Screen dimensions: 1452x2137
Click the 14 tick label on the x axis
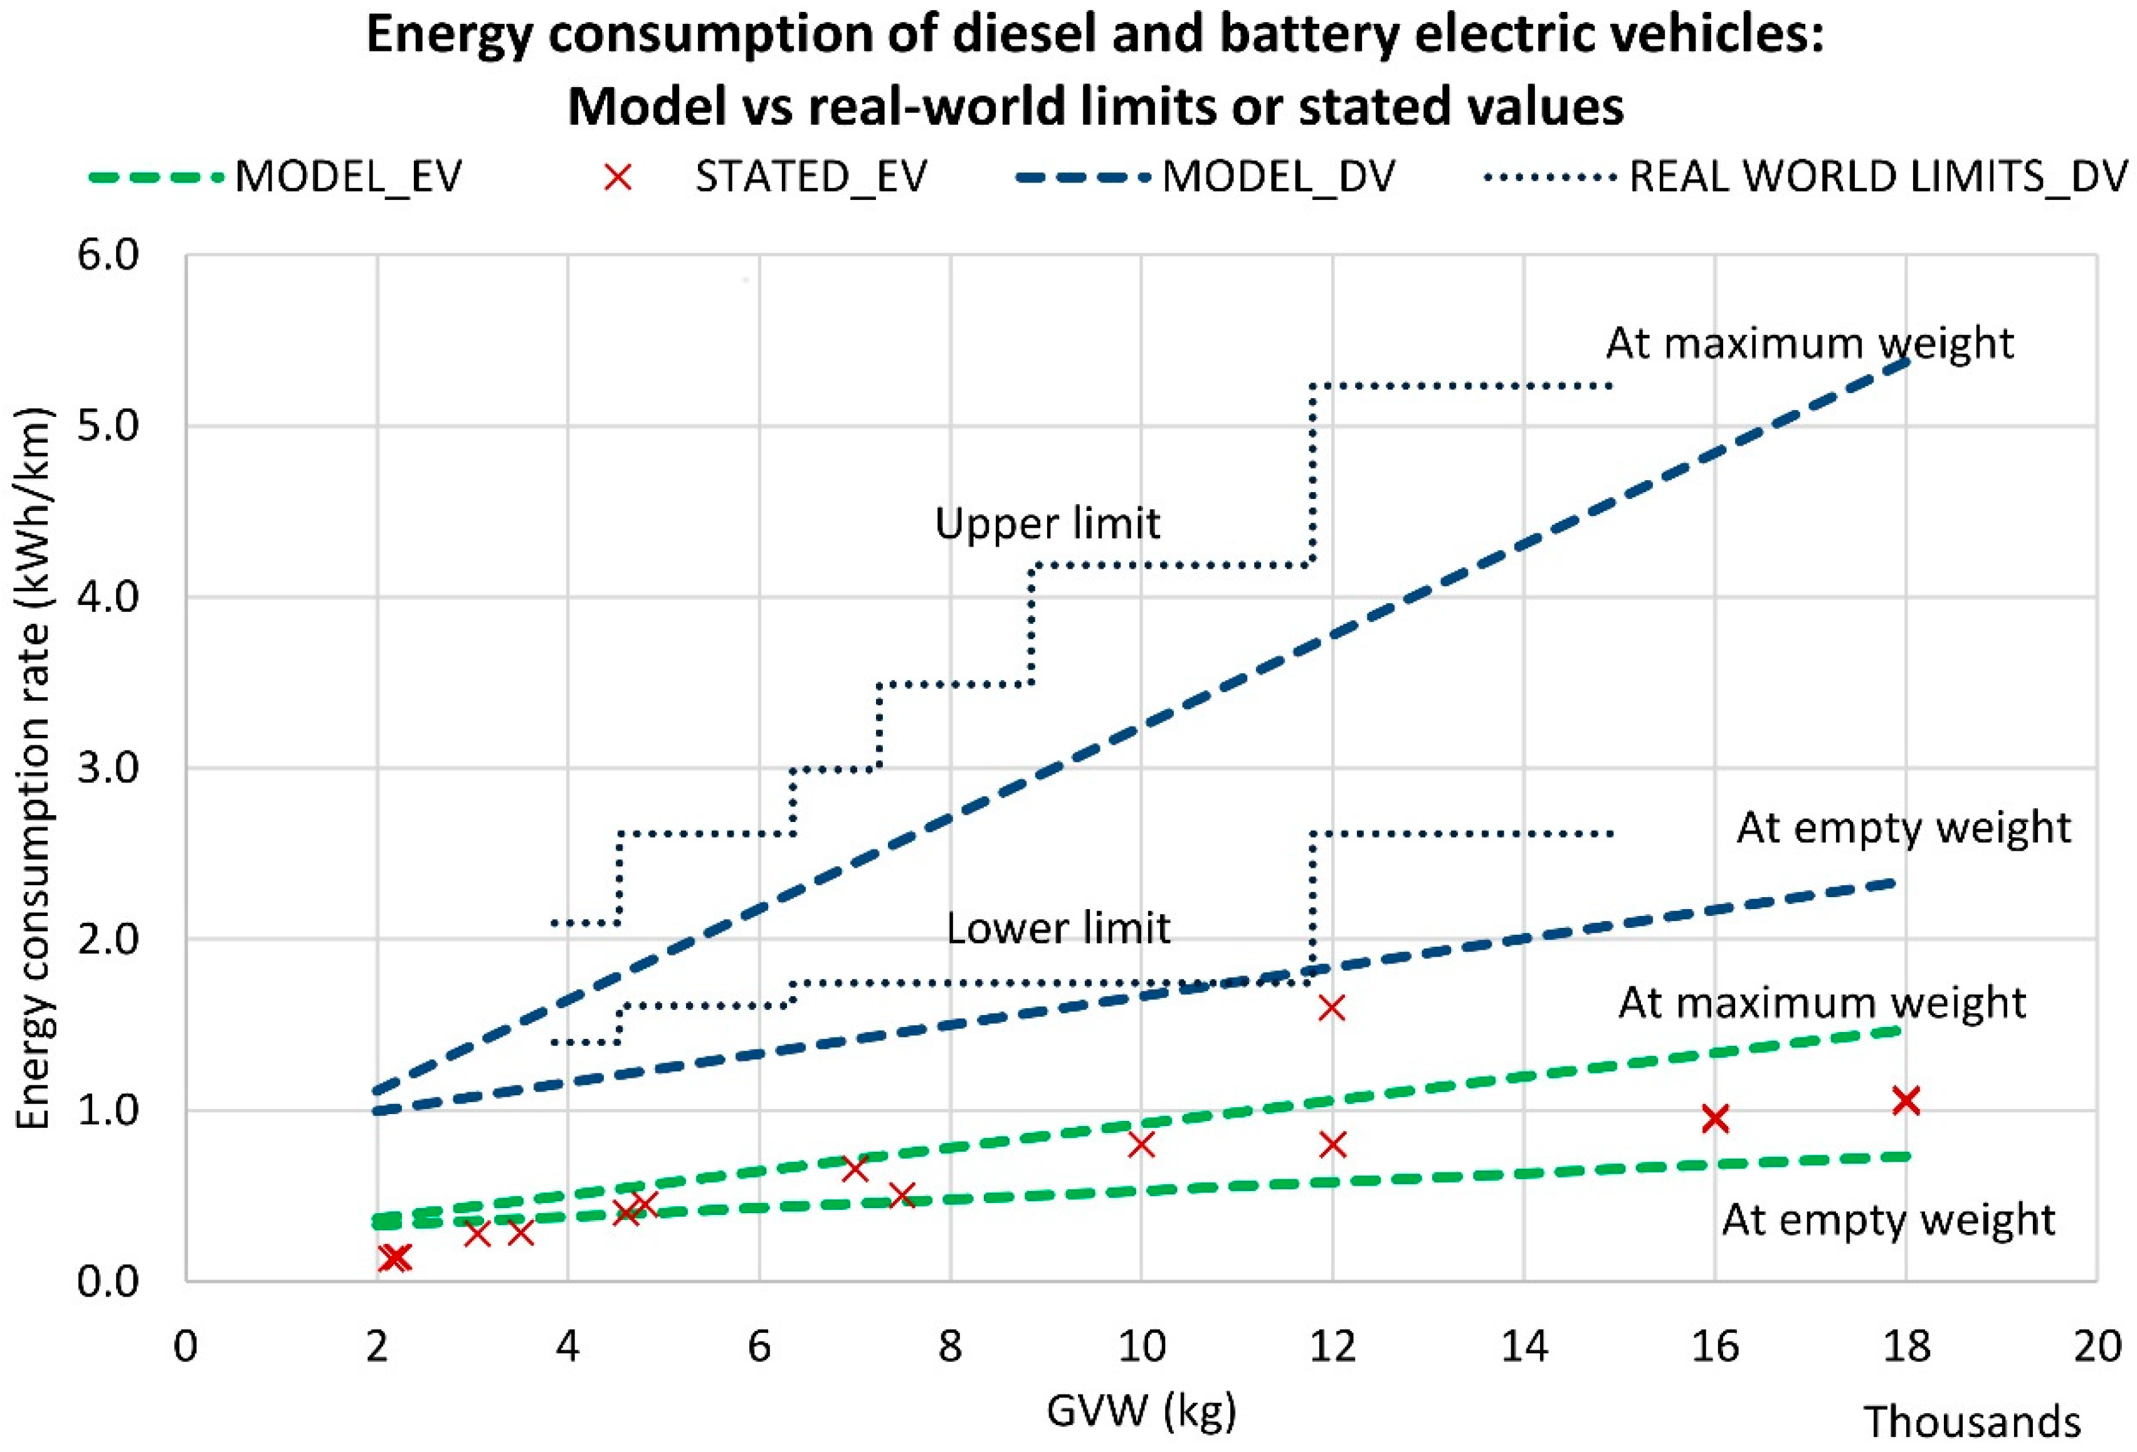click(x=1524, y=1346)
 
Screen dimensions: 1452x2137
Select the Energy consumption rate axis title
click(x=33, y=768)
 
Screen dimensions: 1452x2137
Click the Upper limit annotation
click(x=1047, y=523)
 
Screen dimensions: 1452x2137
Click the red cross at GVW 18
click(x=1905, y=1100)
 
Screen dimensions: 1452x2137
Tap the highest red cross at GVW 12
click(x=1331, y=1008)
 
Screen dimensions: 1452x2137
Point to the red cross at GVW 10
click(x=1140, y=1145)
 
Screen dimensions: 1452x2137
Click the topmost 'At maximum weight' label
click(x=1810, y=343)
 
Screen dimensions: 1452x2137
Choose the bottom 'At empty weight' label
click(x=1888, y=1220)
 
